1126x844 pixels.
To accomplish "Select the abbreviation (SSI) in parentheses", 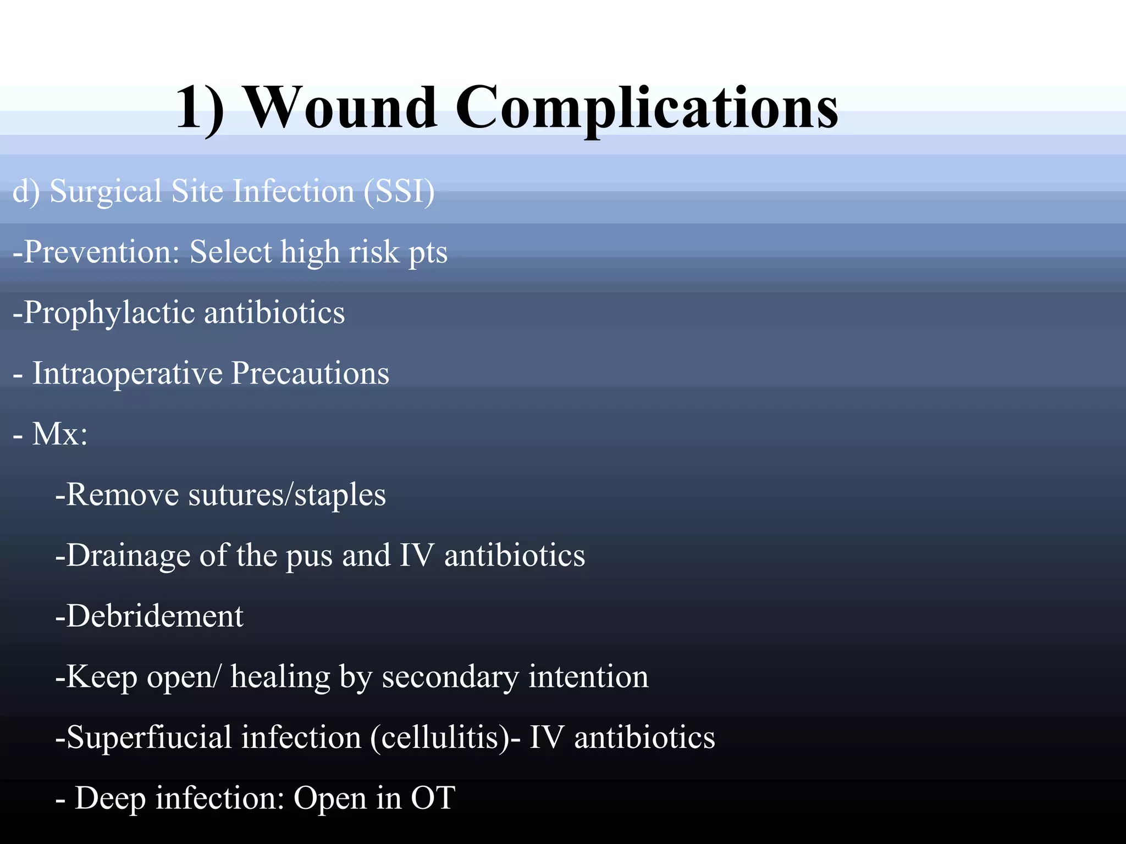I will (x=399, y=192).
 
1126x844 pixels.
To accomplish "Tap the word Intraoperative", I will (x=127, y=373).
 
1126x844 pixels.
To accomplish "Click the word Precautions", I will (x=310, y=373).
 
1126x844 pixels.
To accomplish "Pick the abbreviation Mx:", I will (x=59, y=434).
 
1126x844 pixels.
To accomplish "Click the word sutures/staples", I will (x=287, y=495).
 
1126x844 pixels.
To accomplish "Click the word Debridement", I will (x=150, y=616).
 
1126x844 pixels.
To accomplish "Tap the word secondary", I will (x=450, y=678).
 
